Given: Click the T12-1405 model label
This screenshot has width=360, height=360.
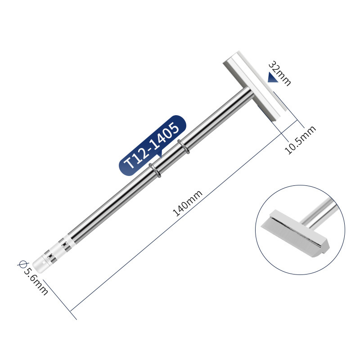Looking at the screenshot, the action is [x=152, y=146].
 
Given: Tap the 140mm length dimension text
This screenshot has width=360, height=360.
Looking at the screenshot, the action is [x=188, y=203].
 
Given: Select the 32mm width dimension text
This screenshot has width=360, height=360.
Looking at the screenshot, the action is [x=279, y=73].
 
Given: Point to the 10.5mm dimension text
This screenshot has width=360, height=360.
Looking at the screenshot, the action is [x=300, y=140].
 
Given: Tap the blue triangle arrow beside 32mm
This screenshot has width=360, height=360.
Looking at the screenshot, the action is [x=273, y=77].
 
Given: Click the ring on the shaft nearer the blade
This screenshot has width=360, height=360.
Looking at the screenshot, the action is [x=184, y=147].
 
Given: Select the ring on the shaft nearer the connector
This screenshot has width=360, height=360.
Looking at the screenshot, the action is [x=155, y=170].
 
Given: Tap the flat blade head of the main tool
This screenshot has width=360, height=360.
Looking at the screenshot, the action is [x=255, y=86].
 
